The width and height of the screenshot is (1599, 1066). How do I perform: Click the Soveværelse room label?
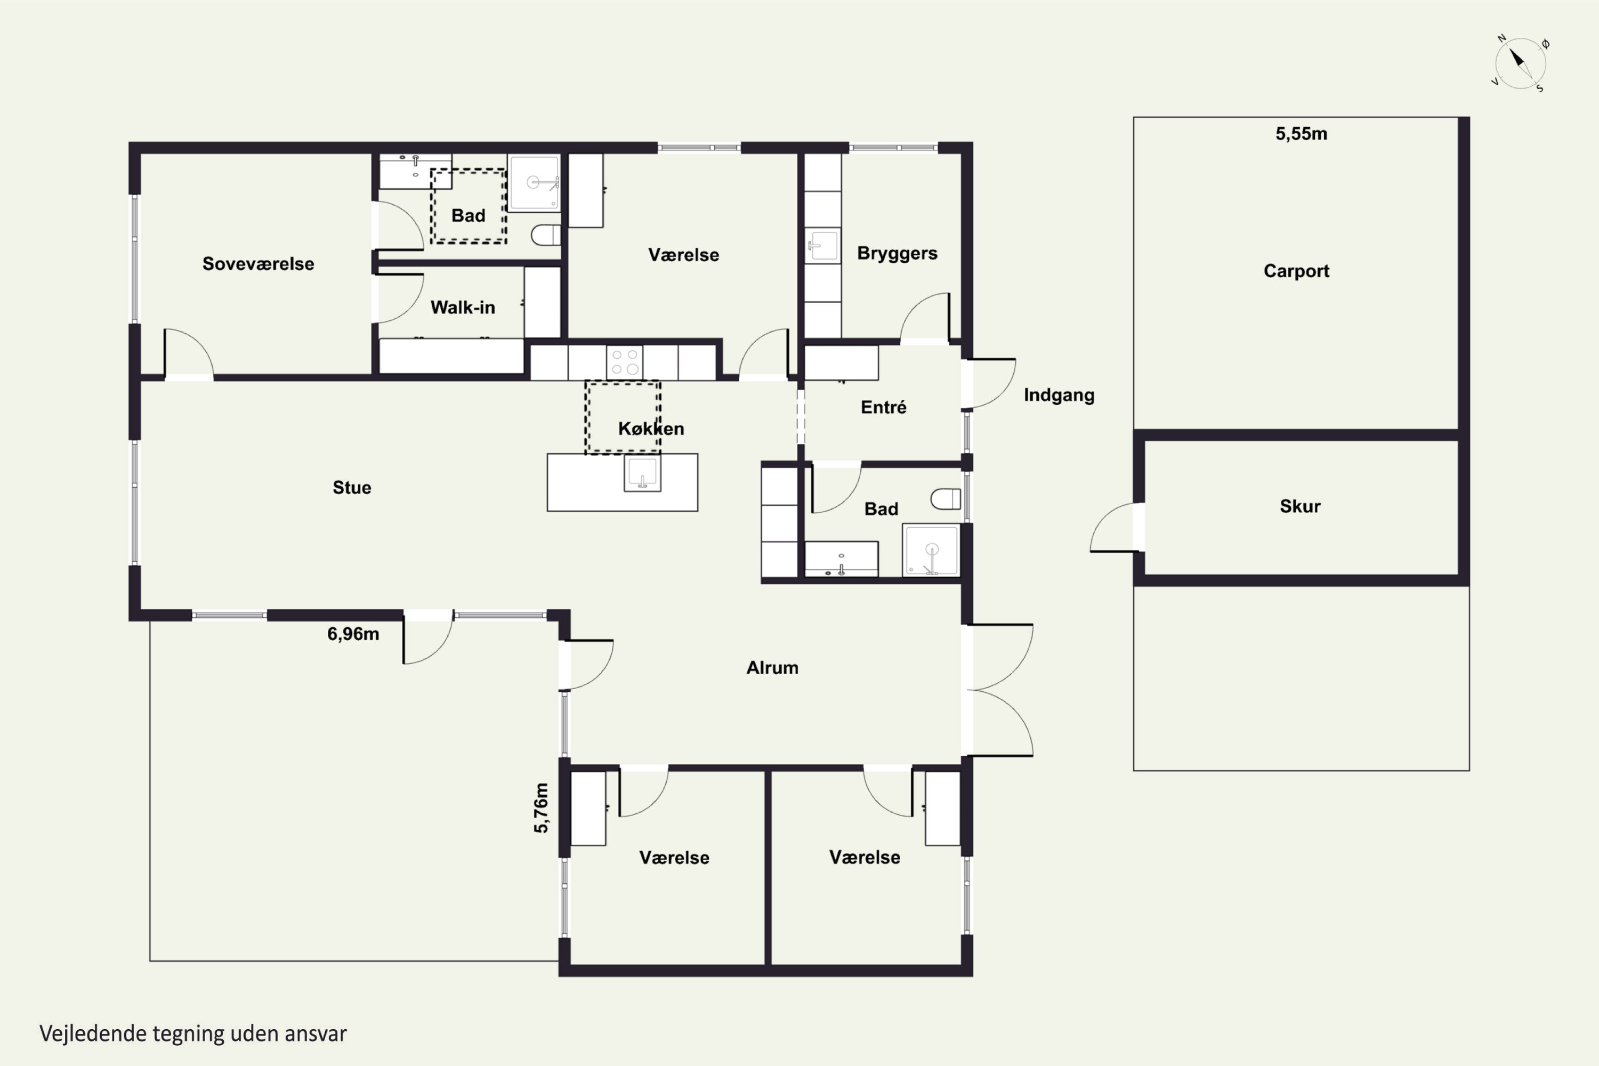[x=259, y=264]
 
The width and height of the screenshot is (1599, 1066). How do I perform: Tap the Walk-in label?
[x=462, y=308]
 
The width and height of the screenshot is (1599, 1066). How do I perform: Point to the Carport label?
[x=1296, y=271]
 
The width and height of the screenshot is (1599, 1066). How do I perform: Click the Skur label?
[x=1300, y=506]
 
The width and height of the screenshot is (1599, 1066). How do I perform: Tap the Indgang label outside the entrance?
[x=1059, y=395]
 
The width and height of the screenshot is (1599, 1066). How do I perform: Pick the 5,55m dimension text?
[x=1301, y=134]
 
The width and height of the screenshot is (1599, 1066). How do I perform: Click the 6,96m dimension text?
[x=353, y=634]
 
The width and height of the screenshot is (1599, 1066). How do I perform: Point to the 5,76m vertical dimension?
[x=540, y=807]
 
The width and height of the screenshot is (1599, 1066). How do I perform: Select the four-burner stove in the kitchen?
[x=625, y=362]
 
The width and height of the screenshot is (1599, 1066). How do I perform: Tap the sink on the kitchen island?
[x=642, y=472]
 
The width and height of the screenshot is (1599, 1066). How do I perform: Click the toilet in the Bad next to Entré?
[x=946, y=499]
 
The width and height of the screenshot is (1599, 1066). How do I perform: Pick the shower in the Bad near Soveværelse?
[x=535, y=183]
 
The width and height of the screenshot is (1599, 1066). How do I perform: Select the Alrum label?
[x=772, y=668]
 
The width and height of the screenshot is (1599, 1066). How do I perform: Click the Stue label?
[x=351, y=488]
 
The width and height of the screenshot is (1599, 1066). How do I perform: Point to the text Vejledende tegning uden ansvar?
[x=193, y=1034]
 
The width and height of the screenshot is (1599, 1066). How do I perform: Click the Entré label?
[x=883, y=407]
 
